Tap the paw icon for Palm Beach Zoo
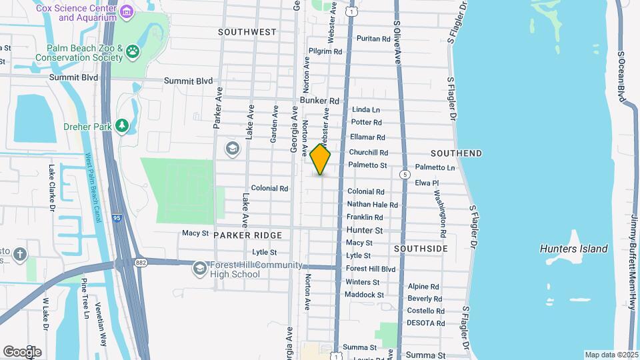(133, 50)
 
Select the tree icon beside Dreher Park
(121, 125)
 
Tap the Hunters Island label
(573, 249)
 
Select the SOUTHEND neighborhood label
(456, 153)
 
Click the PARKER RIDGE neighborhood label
(249, 235)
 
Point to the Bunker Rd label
(320, 101)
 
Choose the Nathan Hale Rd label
(372, 205)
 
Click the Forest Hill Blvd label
(371, 269)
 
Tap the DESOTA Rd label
(426, 323)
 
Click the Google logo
(22, 351)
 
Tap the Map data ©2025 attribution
(611, 355)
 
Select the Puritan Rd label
(373, 39)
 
